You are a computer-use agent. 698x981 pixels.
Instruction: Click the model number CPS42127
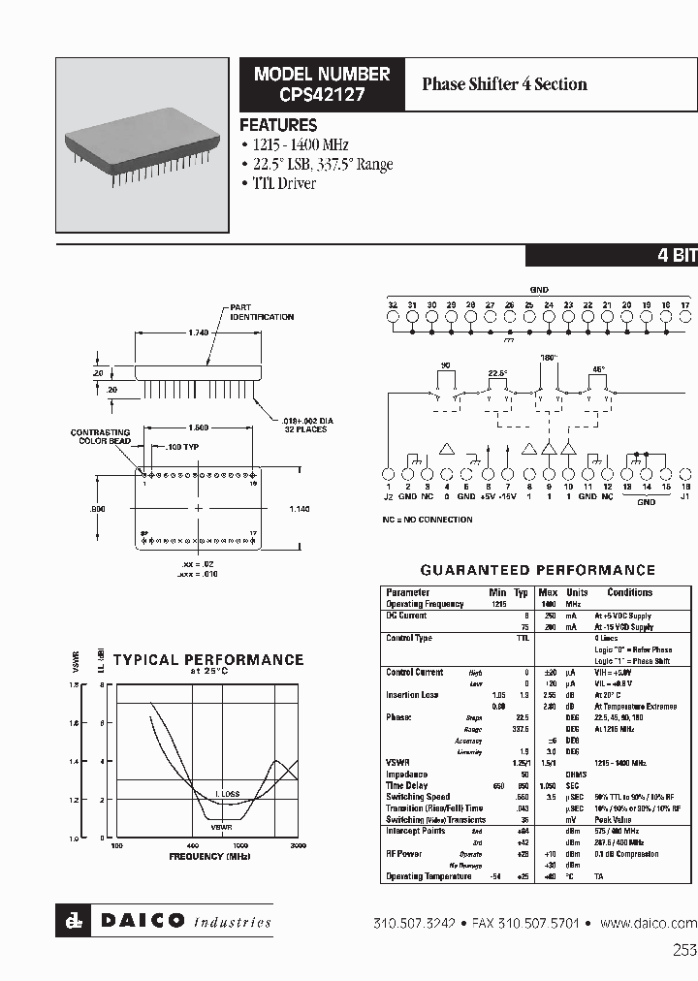(x=321, y=95)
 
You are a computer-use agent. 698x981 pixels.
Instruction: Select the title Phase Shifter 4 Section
(x=504, y=84)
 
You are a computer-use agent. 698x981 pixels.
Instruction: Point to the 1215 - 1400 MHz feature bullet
(x=310, y=145)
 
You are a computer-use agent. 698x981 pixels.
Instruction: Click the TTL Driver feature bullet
(x=282, y=183)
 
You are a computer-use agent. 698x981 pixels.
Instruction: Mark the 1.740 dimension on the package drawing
(x=197, y=333)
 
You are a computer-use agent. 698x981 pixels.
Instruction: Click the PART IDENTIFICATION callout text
(x=262, y=312)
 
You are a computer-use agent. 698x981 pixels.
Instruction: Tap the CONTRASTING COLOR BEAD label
(x=100, y=437)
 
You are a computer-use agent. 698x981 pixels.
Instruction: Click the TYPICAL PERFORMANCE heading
(x=208, y=660)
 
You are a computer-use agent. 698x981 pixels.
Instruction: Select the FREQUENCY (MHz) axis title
(x=208, y=857)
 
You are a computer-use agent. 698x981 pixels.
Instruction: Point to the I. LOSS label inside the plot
(x=228, y=794)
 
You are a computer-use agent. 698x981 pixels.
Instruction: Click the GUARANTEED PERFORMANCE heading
(x=537, y=570)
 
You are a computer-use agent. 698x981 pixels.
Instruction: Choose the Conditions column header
(x=629, y=592)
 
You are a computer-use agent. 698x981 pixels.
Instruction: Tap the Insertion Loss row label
(x=414, y=695)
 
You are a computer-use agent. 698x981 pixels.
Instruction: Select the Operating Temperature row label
(x=428, y=876)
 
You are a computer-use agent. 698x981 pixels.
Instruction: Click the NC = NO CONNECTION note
(x=428, y=521)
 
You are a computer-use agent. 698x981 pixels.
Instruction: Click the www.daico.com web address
(x=649, y=923)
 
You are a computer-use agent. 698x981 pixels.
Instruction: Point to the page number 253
(x=683, y=951)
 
